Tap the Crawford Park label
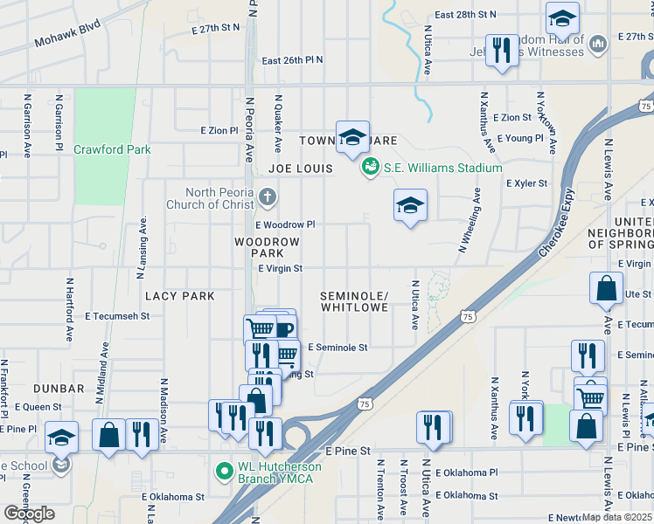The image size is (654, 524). tap(112, 149)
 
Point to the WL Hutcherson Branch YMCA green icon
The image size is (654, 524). tap(225, 472)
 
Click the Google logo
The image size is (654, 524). tap(29, 513)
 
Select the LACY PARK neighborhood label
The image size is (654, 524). tap(180, 296)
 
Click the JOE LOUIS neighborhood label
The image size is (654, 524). tap(301, 168)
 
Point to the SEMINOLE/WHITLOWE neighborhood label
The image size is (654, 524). tap(354, 301)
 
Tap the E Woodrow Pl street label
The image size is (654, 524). tap(285, 224)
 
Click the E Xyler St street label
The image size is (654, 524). tap(526, 183)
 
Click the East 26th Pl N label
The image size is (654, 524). tap(292, 60)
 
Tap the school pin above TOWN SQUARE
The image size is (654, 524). tap(352, 137)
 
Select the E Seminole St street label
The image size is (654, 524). tap(337, 347)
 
